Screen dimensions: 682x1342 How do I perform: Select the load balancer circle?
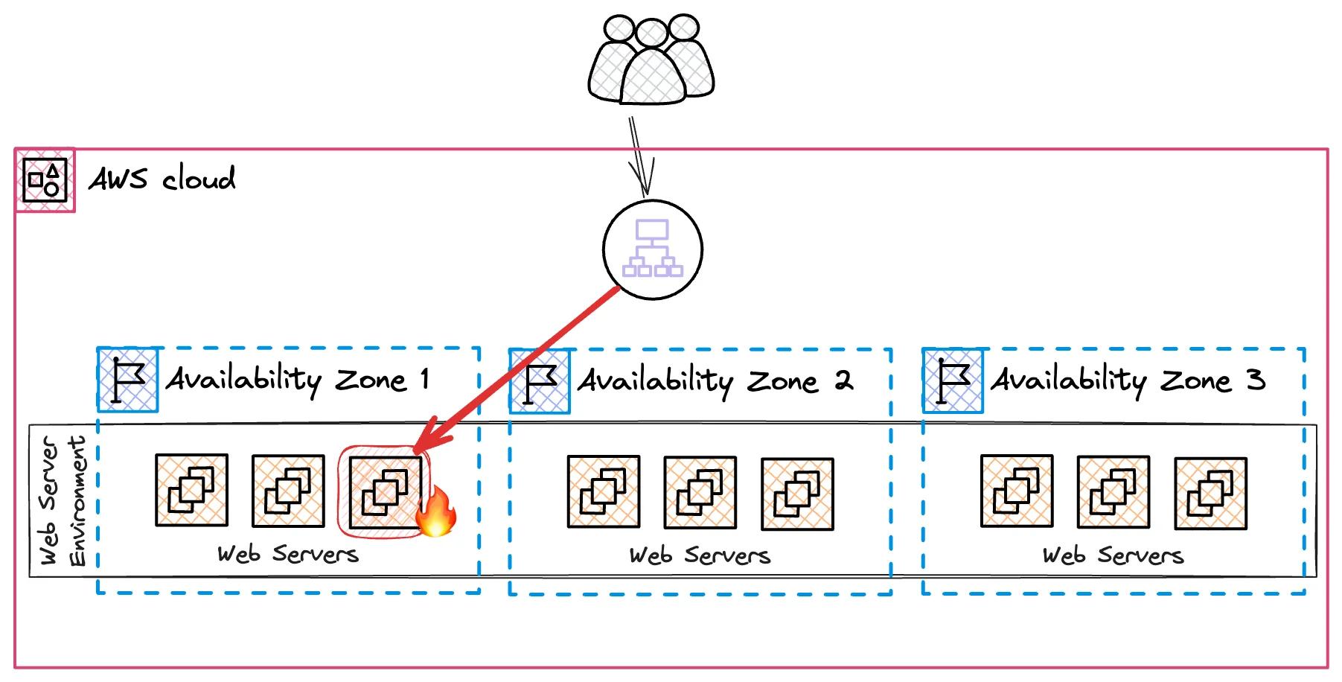[652, 249]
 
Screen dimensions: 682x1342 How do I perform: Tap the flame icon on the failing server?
[436, 512]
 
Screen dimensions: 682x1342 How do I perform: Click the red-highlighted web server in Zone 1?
[384, 491]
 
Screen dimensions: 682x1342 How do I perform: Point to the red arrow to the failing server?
[521, 368]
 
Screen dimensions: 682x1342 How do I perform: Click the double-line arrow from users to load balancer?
[640, 156]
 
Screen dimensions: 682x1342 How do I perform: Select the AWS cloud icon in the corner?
[45, 179]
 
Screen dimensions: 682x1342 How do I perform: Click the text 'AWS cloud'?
[162, 179]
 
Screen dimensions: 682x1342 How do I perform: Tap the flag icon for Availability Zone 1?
[128, 380]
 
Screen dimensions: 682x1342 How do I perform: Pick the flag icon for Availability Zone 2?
[540, 381]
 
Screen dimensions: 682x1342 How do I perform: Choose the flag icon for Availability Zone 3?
[953, 380]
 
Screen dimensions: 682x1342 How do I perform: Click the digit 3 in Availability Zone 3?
[1256, 380]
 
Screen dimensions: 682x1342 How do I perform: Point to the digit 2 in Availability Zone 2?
[843, 381]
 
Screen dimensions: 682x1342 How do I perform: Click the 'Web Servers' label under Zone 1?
[288, 555]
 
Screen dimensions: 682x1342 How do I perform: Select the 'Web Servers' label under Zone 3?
[1113, 556]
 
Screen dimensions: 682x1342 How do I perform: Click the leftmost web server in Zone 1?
[191, 491]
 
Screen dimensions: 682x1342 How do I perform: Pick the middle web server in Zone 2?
[700, 493]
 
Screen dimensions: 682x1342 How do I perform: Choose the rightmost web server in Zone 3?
[1210, 494]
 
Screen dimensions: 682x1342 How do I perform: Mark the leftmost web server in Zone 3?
[1017, 491]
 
